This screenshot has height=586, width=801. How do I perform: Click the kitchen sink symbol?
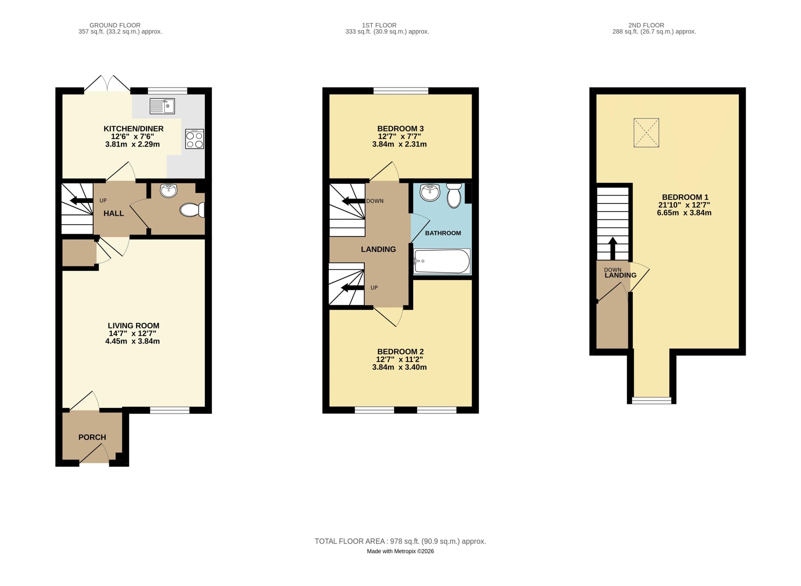coord(162,106)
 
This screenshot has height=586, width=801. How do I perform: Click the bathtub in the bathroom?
coord(442,261)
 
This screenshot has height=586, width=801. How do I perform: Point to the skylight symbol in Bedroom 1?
coord(646,133)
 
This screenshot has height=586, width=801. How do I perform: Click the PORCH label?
coord(92,437)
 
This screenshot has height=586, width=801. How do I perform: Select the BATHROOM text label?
coord(443,233)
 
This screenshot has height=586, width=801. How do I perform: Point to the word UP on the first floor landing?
coord(374,288)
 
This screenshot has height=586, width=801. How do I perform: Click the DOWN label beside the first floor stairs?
coord(375,201)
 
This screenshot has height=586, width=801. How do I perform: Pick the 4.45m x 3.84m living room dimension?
coord(132,341)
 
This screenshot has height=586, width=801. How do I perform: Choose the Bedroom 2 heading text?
coord(400,352)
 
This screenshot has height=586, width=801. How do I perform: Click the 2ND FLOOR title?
coord(646,25)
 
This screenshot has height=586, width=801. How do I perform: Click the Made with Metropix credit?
coord(400,551)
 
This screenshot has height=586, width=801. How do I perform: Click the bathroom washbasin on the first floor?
coord(430,193)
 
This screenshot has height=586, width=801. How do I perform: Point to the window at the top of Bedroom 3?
coord(401,91)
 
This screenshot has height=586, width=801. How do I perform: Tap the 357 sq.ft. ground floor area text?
coord(120,31)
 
